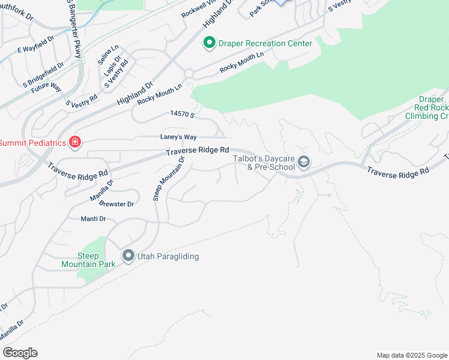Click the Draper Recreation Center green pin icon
click(209, 43)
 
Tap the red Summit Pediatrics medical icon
click(74, 142)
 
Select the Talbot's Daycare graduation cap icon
click(304, 162)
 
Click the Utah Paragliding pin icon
click(128, 256)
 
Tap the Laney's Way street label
click(178, 137)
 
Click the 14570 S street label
click(182, 113)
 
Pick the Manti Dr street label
click(93, 219)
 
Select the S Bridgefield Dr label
click(43, 73)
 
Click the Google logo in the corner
click(20, 352)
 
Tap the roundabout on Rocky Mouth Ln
click(189, 73)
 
